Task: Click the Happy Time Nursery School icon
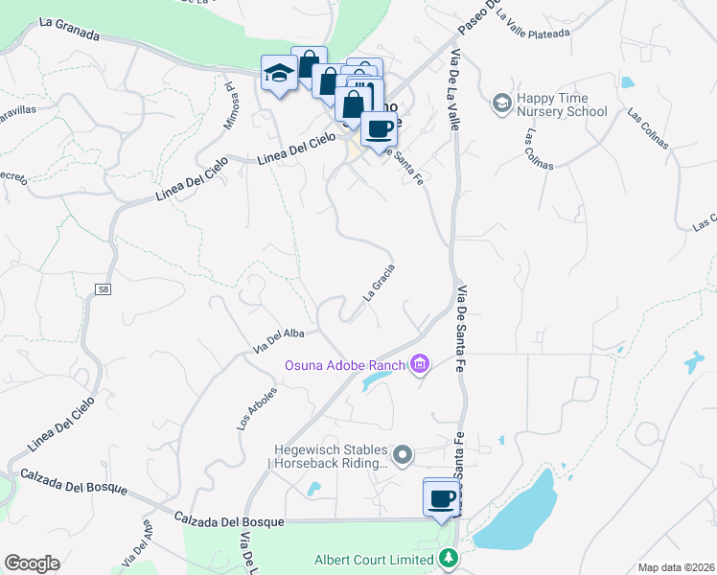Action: [x=501, y=103]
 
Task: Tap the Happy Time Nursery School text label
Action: [x=562, y=104]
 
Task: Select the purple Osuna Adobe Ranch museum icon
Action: [x=419, y=364]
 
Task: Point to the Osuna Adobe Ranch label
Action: [x=344, y=365]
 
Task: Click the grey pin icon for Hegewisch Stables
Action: [x=404, y=454]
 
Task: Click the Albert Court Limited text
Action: [x=375, y=560]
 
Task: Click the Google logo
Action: [x=32, y=563]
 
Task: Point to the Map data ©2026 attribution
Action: [x=675, y=567]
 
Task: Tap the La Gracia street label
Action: [x=379, y=284]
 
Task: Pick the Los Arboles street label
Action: [x=257, y=406]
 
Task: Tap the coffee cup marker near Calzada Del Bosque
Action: [x=441, y=498]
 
